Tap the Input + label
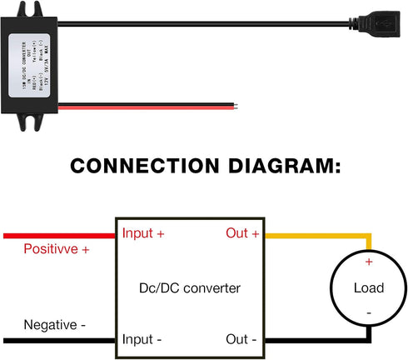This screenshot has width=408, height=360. [143, 234]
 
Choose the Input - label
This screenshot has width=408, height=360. [142, 340]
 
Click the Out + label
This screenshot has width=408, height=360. [242, 234]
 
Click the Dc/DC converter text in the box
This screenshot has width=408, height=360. [190, 288]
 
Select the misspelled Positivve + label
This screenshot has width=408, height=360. [57, 248]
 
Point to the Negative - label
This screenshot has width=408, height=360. [55, 324]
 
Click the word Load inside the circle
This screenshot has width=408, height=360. [368, 288]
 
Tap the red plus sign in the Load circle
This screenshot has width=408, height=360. [368, 262]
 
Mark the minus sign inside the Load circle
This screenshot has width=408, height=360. [368, 314]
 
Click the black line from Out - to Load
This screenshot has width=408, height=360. [316, 340]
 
